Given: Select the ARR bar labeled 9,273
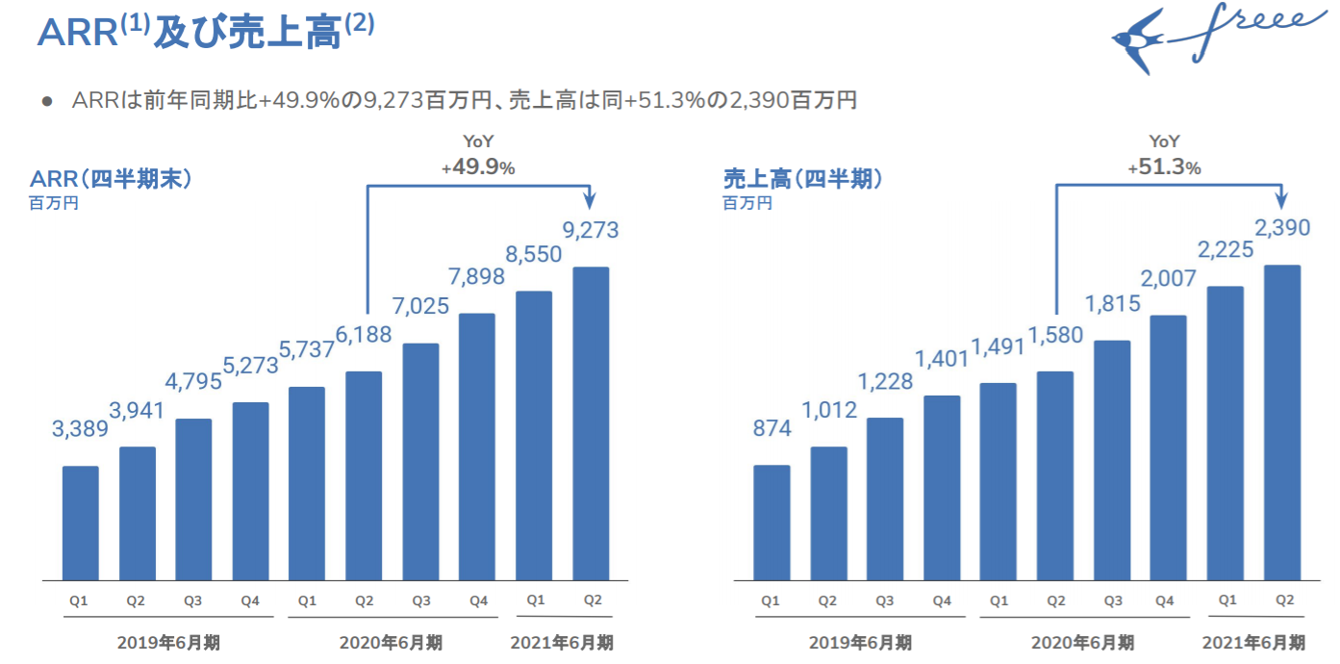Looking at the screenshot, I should point(591,423).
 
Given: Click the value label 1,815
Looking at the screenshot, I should point(1113,304).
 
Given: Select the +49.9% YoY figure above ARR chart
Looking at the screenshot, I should point(478,167).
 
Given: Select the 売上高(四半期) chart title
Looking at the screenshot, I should point(802,178).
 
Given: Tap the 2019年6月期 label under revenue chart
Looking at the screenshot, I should point(860,642).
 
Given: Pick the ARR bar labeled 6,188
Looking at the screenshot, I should point(364,475).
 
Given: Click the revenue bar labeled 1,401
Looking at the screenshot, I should point(942,488).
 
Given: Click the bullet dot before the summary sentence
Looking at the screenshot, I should point(46,101).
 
